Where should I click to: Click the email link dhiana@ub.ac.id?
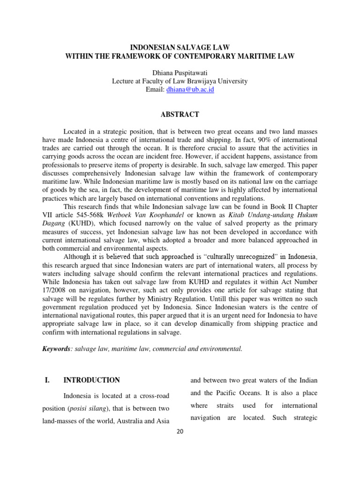[190, 89]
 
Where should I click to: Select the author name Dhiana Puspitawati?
[180, 73]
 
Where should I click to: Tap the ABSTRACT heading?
[180, 114]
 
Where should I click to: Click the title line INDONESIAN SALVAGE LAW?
[180, 48]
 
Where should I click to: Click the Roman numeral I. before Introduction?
[47, 380]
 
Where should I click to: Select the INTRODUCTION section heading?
[91, 380]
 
